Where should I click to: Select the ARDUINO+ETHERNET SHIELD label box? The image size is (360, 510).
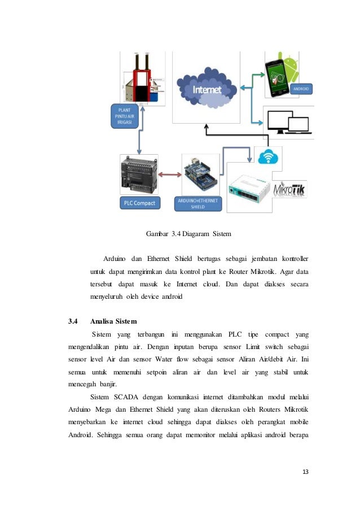click(x=200, y=203)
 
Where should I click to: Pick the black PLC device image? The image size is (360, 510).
click(x=139, y=175)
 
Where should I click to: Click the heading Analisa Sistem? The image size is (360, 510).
click(x=117, y=321)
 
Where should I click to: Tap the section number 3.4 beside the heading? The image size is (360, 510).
click(x=73, y=321)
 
